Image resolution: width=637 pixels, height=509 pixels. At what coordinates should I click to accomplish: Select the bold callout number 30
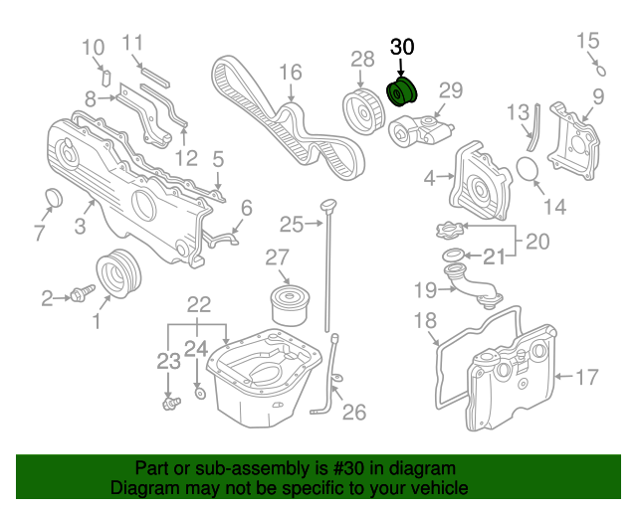402,47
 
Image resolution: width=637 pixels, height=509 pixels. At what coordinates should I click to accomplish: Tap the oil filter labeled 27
290,305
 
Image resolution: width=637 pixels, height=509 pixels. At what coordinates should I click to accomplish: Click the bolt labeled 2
83,293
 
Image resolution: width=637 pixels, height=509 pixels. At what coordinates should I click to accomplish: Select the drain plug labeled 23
170,403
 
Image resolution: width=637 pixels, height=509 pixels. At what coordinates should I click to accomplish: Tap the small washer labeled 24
200,394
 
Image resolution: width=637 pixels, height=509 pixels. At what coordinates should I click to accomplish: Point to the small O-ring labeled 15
601,71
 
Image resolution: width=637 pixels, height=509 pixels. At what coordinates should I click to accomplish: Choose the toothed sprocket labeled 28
362,110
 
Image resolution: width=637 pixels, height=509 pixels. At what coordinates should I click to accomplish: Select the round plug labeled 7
53,197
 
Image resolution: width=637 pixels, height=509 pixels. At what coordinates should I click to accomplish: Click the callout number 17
586,377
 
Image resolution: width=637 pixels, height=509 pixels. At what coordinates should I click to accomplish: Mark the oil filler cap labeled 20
449,231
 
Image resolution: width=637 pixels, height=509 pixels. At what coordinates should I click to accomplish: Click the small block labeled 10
106,78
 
